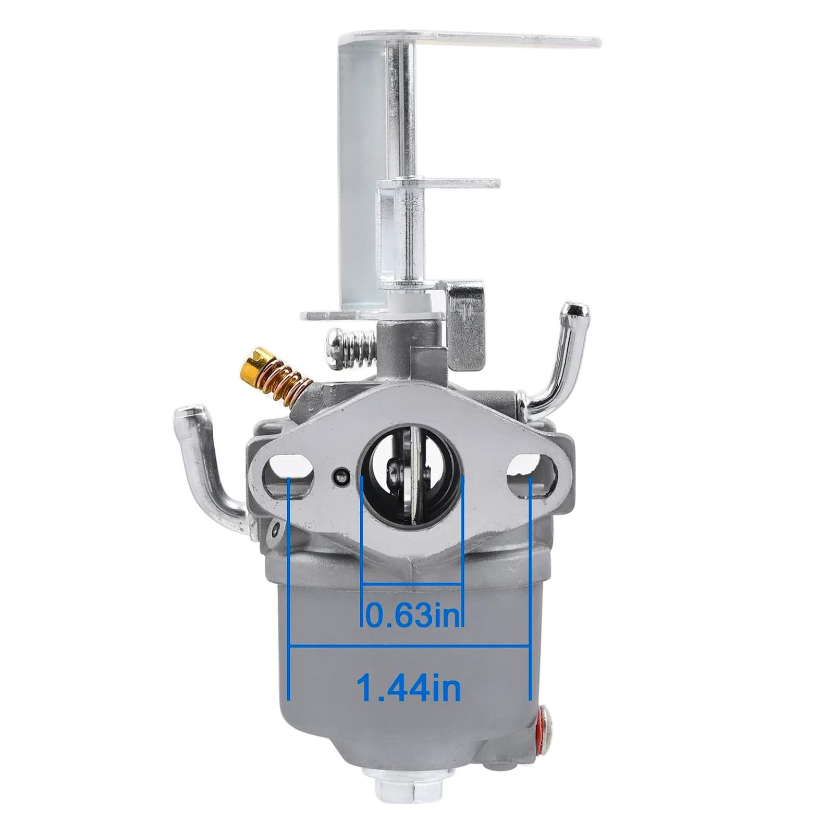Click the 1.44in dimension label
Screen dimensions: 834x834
click(x=409, y=688)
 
